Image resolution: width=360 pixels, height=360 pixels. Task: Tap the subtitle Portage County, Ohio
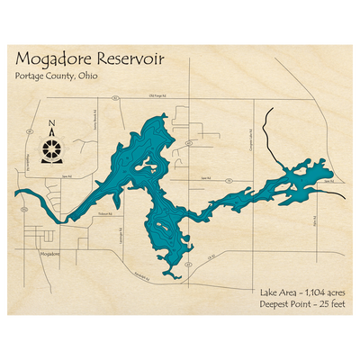(56, 76)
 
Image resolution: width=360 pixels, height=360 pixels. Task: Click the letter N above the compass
(52, 125)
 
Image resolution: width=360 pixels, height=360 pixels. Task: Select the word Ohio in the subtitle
(88, 76)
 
